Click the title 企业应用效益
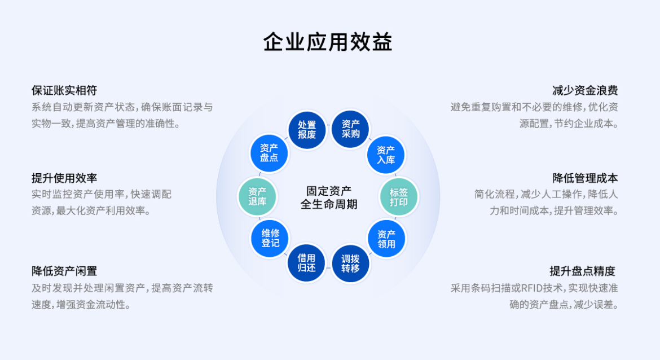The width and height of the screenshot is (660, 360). (x=328, y=42)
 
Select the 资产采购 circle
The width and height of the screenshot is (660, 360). (x=350, y=129)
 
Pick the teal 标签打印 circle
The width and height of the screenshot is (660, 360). (x=399, y=196)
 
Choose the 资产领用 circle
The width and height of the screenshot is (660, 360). (x=386, y=239)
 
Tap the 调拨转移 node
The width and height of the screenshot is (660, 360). (x=350, y=264)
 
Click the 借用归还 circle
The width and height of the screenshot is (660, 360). (x=307, y=263)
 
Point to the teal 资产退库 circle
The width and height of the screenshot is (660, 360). (x=257, y=196)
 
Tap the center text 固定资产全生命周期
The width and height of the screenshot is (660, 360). (x=328, y=197)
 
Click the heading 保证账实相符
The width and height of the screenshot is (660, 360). (x=64, y=90)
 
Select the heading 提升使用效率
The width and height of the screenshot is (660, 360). (x=64, y=178)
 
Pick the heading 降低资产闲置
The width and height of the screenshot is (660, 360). (x=64, y=271)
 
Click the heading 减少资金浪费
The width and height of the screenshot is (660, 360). (x=585, y=90)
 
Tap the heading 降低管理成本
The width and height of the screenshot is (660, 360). (x=585, y=178)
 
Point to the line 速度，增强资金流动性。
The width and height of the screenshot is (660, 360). (x=82, y=305)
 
